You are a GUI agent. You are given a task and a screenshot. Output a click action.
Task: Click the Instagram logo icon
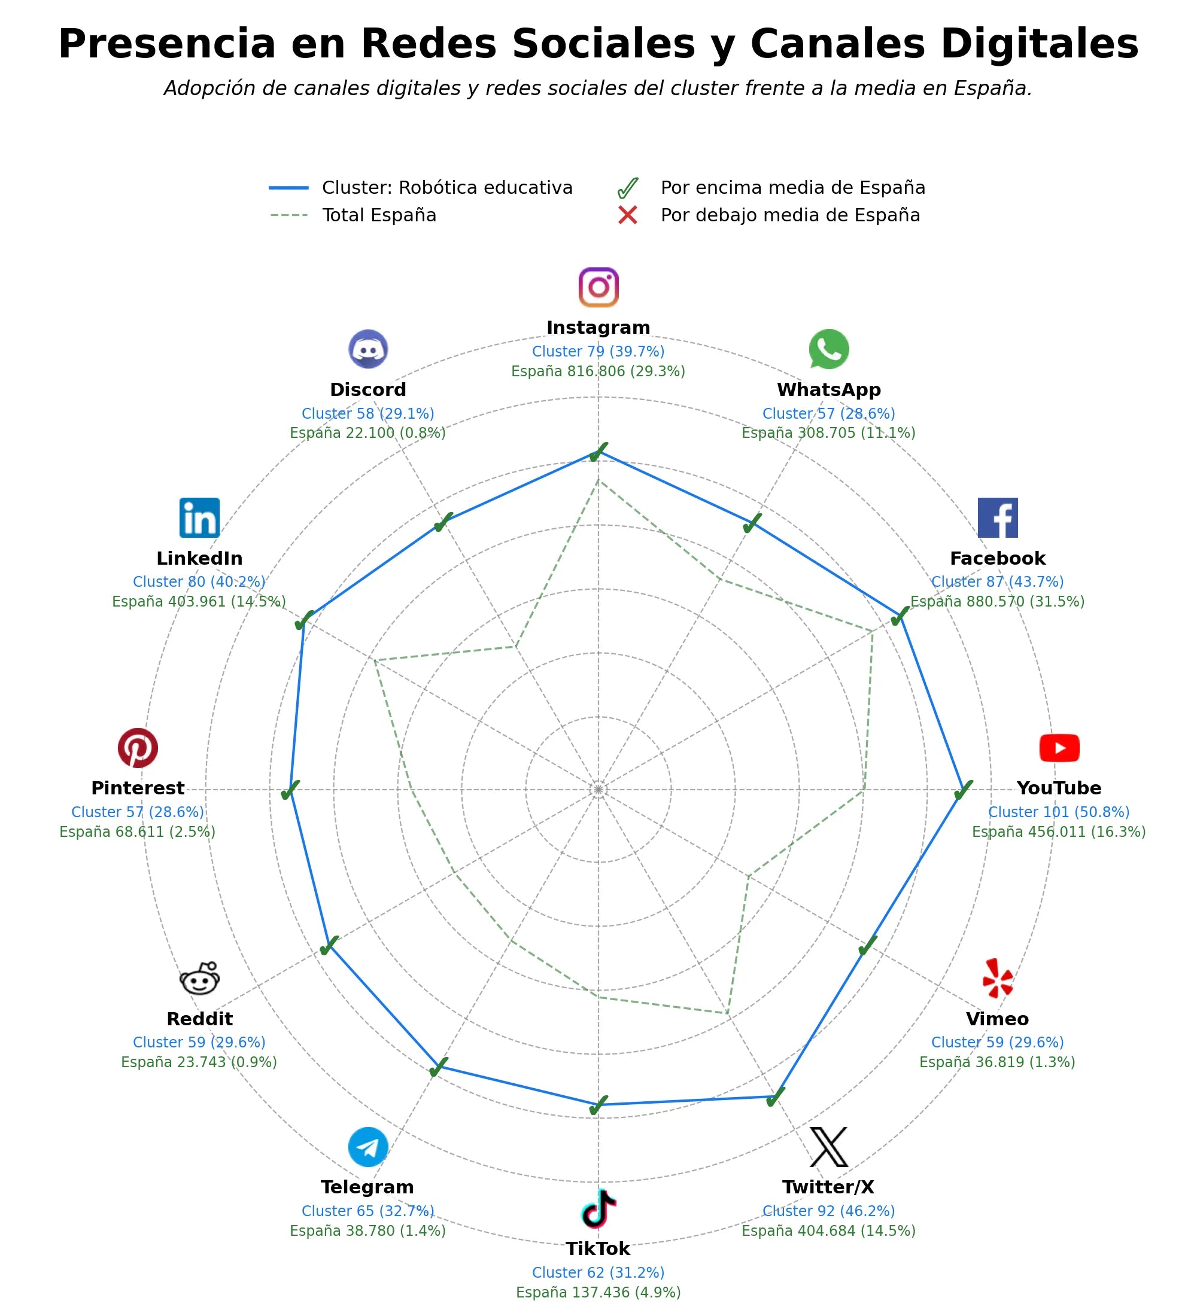point(598,287)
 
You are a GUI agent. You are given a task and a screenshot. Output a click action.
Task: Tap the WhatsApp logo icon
point(829,349)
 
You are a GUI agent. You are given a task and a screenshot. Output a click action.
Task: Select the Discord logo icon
point(368,349)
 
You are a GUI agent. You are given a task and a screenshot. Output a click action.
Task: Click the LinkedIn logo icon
point(199,517)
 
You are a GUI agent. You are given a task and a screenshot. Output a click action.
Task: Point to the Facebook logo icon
point(997,517)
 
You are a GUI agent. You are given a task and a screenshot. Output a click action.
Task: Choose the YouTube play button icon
point(1059,748)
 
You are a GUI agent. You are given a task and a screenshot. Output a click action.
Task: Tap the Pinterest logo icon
point(138,748)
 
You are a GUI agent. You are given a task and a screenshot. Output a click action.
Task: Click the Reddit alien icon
point(199,979)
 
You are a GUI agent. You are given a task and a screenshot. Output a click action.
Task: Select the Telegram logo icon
point(368,1147)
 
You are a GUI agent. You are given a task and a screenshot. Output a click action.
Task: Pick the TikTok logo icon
point(598,1208)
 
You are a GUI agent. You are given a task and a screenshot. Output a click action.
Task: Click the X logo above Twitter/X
point(829,1147)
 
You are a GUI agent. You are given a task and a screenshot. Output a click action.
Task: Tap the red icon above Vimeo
point(997,979)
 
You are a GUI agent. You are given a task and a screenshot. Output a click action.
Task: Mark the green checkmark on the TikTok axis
point(598,1106)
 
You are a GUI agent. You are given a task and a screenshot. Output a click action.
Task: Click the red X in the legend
point(628,215)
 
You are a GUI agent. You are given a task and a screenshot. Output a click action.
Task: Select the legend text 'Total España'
point(379,215)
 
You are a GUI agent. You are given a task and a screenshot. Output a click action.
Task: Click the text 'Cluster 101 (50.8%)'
point(1059,812)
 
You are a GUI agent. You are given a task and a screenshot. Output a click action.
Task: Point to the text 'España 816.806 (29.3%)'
point(598,371)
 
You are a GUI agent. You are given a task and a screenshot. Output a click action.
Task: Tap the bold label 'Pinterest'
point(138,788)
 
